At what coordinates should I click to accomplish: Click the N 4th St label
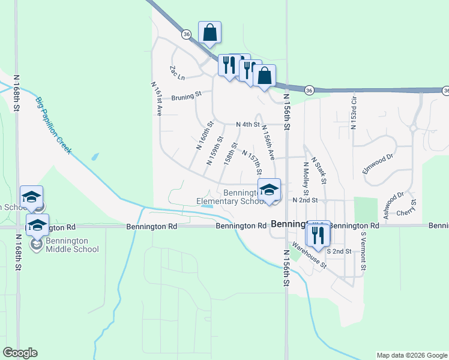pyautogui.click(x=247, y=125)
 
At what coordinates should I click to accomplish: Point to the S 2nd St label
pyautogui.click(x=339, y=251)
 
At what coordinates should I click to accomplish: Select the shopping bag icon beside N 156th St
pyautogui.click(x=264, y=76)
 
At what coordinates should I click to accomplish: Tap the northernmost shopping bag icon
pyautogui.click(x=210, y=32)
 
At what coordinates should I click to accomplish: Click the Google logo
pyautogui.click(x=20, y=353)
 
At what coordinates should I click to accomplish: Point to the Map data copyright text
pyautogui.click(x=412, y=355)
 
